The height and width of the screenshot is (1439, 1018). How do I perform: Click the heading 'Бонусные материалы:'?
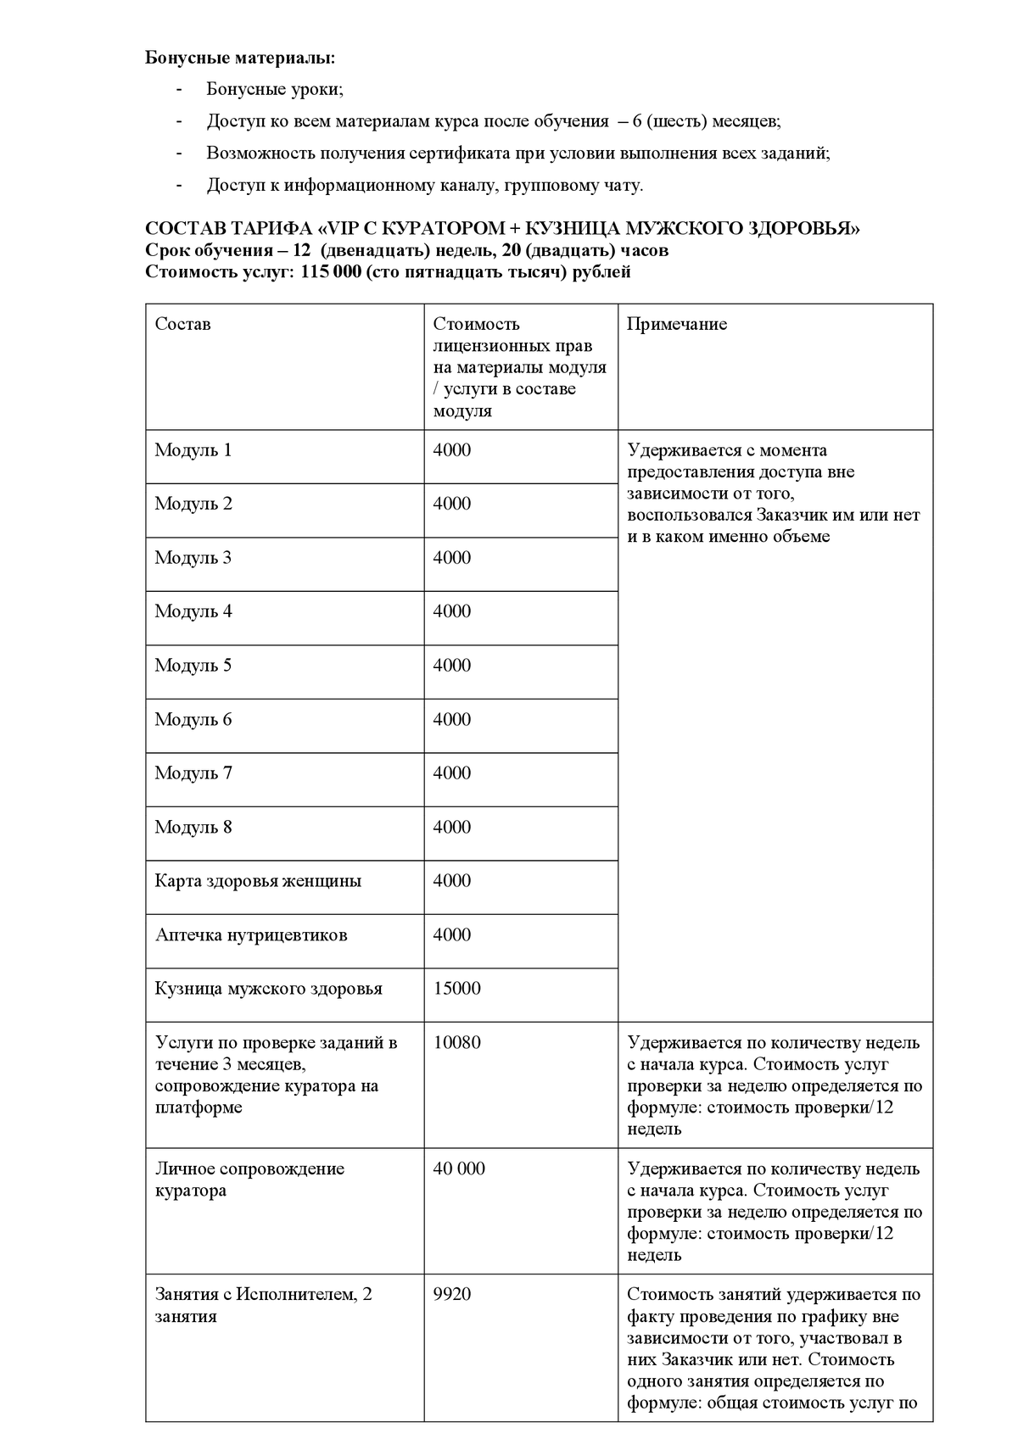[x=240, y=58]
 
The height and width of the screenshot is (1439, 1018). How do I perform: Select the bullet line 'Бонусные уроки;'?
[x=274, y=89]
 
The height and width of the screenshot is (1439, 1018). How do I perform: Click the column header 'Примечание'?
[x=676, y=324]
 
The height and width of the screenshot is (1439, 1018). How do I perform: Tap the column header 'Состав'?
[x=182, y=324]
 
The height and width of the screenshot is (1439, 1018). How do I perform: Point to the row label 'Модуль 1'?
[x=193, y=450]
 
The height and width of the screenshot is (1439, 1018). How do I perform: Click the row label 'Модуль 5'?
[x=193, y=666]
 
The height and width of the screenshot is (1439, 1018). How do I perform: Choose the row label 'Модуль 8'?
[x=193, y=828]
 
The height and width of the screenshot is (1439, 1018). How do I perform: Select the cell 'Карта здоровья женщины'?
[x=258, y=881]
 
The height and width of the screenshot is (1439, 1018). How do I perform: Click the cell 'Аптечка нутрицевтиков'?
[x=251, y=935]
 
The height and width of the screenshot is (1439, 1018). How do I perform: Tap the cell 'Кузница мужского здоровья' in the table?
[x=268, y=989]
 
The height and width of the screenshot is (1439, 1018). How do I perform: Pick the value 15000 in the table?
[x=456, y=989]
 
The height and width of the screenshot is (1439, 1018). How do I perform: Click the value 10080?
[x=456, y=1043]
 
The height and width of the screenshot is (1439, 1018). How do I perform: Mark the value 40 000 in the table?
[x=459, y=1168]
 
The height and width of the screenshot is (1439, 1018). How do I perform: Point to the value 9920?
[x=451, y=1295]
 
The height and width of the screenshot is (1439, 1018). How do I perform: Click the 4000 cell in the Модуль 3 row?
[x=451, y=558]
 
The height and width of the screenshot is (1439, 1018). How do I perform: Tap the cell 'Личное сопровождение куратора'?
[x=249, y=1180]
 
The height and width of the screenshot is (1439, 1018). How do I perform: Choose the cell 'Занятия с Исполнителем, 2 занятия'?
[x=263, y=1306]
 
